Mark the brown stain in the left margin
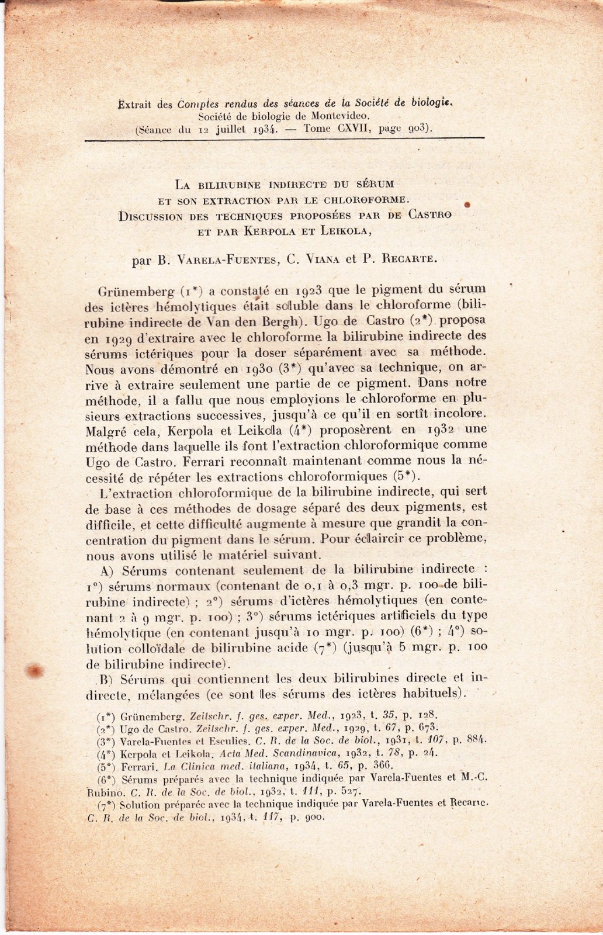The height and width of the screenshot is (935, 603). point(33,670)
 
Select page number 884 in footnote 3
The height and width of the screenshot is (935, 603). point(477,740)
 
